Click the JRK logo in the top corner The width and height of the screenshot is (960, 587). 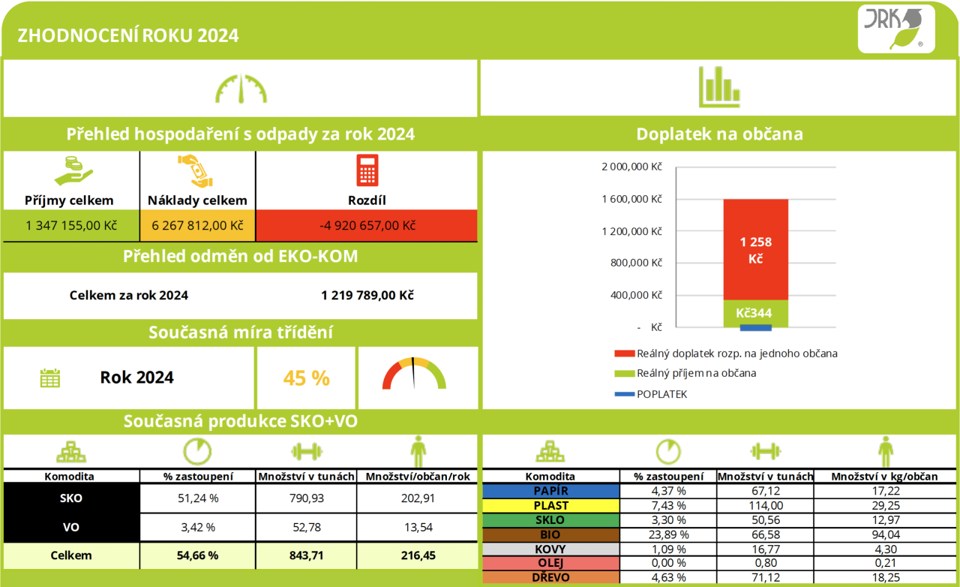click(x=896, y=29)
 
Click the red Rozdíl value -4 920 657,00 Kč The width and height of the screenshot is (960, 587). click(x=367, y=225)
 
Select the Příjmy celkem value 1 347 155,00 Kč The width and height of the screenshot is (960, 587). click(x=71, y=225)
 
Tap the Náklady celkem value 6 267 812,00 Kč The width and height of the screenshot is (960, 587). click(x=198, y=225)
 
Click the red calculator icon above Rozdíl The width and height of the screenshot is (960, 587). click(x=367, y=171)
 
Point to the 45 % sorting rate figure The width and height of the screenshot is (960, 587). click(x=307, y=378)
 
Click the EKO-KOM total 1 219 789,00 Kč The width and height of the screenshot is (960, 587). click(x=367, y=295)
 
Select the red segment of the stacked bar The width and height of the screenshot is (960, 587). click(x=755, y=249)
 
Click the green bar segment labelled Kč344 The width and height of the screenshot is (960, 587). click(x=755, y=313)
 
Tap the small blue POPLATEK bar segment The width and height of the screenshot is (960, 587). click(x=755, y=328)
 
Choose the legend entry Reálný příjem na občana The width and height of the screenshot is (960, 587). click(x=696, y=373)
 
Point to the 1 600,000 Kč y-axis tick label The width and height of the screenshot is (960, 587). click(x=632, y=199)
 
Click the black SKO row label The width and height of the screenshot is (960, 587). click(x=71, y=498)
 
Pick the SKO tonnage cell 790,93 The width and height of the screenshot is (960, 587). click(x=306, y=498)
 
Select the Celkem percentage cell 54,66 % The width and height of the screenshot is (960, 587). click(x=198, y=555)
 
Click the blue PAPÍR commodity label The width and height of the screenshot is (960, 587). click(x=550, y=491)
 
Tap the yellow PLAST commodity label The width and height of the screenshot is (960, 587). click(x=550, y=505)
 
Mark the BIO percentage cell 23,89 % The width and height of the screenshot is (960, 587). click(x=668, y=534)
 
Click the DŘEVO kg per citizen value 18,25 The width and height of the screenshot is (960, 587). click(x=885, y=577)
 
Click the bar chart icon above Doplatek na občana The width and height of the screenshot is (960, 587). click(x=719, y=86)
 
